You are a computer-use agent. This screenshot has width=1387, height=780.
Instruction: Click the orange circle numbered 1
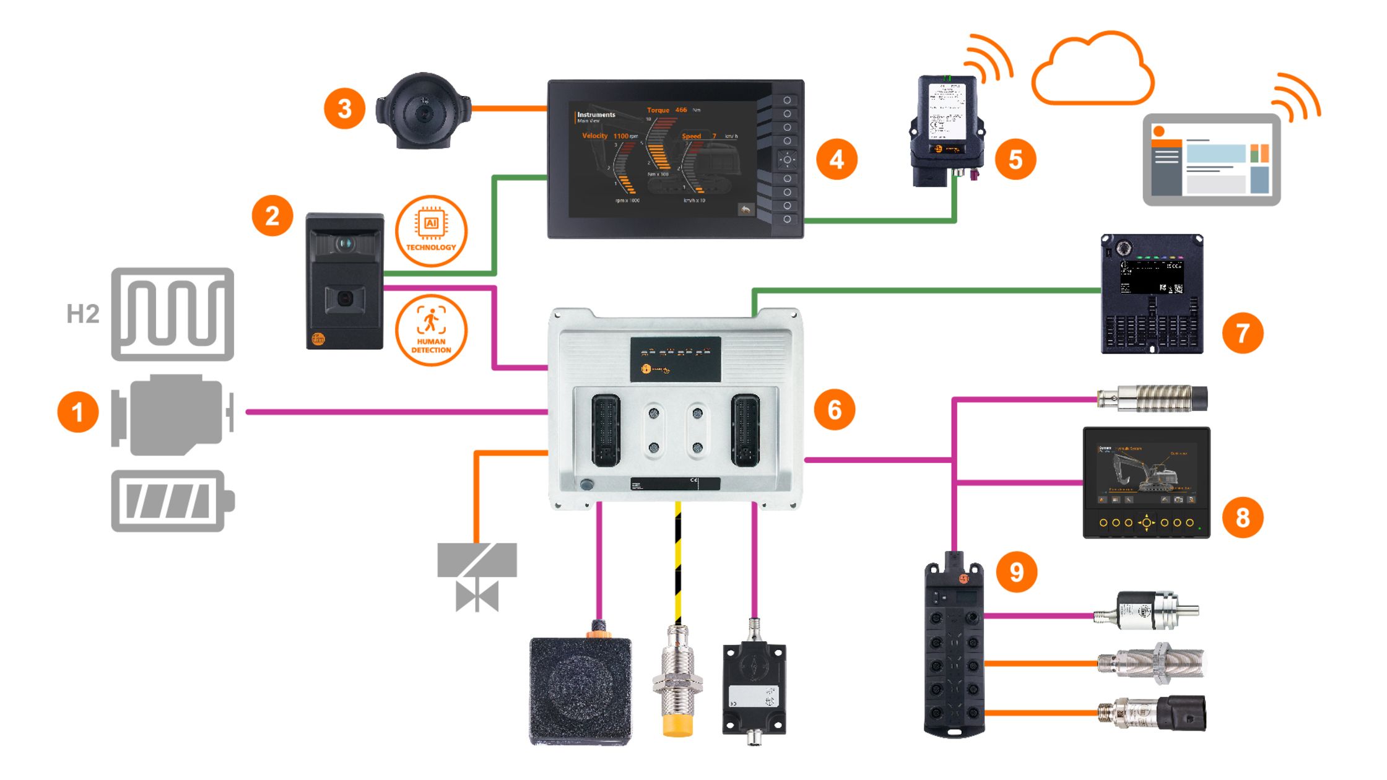tap(78, 412)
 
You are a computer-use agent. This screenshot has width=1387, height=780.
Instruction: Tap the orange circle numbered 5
tap(1015, 160)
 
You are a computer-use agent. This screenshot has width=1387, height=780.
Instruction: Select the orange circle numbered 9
tap(1016, 571)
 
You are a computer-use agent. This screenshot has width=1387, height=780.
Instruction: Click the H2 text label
tap(83, 314)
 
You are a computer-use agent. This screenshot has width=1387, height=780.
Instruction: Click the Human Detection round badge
tap(431, 330)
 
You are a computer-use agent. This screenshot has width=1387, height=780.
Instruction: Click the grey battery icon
tap(172, 501)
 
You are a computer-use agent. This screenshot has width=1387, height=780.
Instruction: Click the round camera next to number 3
tap(424, 111)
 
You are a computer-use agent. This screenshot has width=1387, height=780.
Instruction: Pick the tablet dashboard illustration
tap(1211, 160)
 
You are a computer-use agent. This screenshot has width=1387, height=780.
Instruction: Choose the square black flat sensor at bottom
tap(580, 690)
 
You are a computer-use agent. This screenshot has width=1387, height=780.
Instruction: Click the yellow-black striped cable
tap(678, 563)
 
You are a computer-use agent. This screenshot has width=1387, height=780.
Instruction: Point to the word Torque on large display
tap(658, 110)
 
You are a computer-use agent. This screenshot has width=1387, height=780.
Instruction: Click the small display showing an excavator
tap(1146, 482)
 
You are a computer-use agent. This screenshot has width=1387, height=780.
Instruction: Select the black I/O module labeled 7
tap(1152, 294)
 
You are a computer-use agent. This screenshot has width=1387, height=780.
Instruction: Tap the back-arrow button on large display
tap(746, 210)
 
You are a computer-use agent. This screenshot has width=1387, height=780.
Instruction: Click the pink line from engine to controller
tap(396, 412)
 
